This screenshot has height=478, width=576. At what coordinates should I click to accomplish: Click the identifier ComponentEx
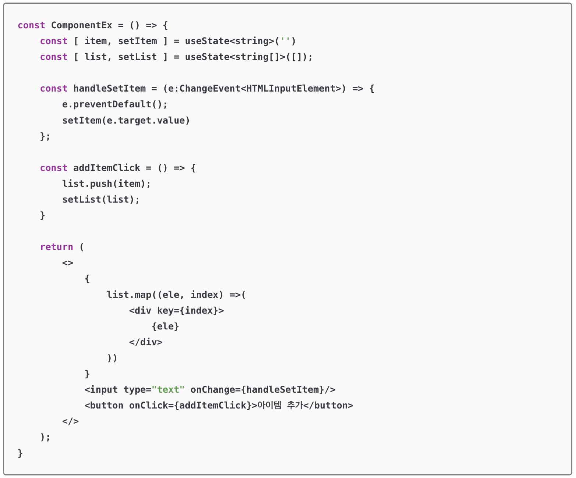[x=81, y=25]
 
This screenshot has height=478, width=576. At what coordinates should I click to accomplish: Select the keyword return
[x=56, y=247]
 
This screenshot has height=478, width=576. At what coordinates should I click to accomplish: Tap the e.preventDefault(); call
[x=115, y=104]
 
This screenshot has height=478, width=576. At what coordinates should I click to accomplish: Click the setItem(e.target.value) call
[x=126, y=120]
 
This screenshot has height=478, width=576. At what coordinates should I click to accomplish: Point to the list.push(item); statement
[x=106, y=183]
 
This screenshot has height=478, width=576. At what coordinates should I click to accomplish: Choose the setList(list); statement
[x=101, y=199]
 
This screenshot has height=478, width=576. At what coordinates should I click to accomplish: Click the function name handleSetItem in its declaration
[x=109, y=89]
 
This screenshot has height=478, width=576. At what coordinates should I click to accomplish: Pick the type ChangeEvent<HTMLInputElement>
[x=257, y=89]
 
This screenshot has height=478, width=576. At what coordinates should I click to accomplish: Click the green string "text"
[x=168, y=390]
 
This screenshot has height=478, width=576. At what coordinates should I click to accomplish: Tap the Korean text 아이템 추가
[x=280, y=406]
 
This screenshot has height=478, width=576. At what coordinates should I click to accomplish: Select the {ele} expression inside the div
[x=165, y=326]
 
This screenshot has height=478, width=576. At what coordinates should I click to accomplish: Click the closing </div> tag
[x=146, y=342]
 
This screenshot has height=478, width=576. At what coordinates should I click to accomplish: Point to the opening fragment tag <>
[x=68, y=263]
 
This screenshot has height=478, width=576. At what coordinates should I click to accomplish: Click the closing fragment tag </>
[x=70, y=421]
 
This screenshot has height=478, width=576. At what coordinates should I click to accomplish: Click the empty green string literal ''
[x=285, y=41]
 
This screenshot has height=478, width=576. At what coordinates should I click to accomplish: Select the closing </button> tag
[x=328, y=406]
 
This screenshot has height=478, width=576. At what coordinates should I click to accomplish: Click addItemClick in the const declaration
[x=107, y=168]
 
